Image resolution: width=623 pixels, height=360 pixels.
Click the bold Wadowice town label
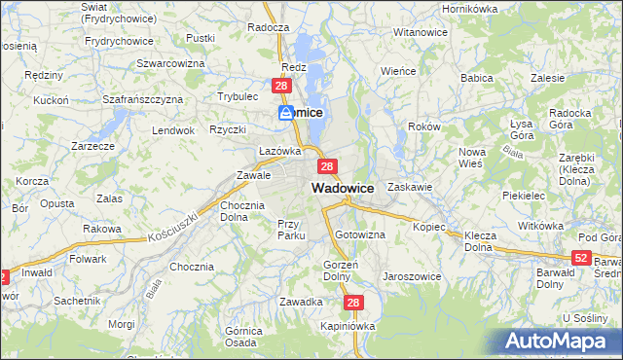tap(343, 188)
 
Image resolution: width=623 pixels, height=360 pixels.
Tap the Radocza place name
tap(269, 28)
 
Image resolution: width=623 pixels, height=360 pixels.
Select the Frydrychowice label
tap(119, 41)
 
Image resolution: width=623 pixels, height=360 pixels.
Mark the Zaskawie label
tap(409, 186)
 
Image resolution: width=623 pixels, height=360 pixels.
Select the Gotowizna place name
tap(360, 235)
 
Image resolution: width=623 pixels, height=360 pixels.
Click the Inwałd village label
tap(38, 273)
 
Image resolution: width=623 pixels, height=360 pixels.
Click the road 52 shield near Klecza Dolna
tap(581, 257)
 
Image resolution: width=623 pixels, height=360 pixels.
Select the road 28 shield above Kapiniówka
tap(353, 304)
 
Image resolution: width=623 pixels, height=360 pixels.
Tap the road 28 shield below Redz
tap(281, 88)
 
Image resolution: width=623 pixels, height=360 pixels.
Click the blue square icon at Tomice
tap(286, 113)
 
